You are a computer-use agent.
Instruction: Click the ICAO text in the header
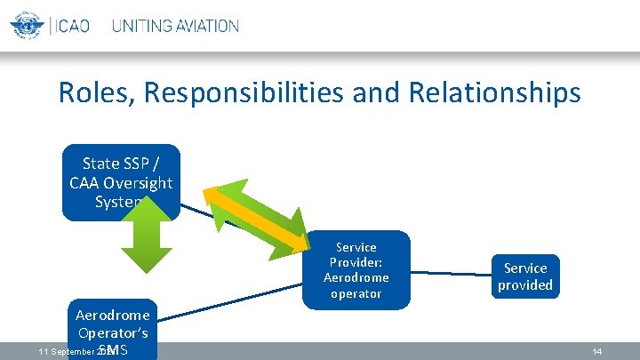pyautogui.click(x=71, y=26)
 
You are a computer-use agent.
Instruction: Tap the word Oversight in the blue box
pyautogui.click(x=139, y=182)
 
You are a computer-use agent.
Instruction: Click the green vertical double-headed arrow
pyautogui.click(x=146, y=239)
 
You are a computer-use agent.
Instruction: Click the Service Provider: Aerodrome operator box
pyautogui.click(x=356, y=269)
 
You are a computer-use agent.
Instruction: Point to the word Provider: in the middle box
pyautogui.click(x=356, y=262)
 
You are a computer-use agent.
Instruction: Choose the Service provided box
pyautogui.click(x=524, y=276)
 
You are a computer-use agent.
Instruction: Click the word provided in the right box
pyautogui.click(x=524, y=285)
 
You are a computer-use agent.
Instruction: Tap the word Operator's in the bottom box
pyautogui.click(x=112, y=332)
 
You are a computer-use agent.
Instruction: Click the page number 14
pyautogui.click(x=597, y=352)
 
